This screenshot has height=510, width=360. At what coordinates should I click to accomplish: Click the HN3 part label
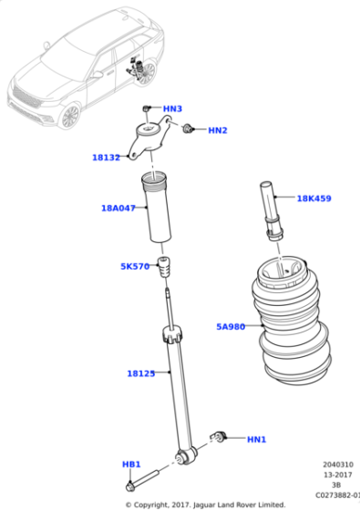tap(172, 109)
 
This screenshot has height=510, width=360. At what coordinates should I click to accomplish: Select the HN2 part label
tap(217, 130)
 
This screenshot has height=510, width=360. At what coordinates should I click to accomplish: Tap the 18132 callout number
tap(106, 158)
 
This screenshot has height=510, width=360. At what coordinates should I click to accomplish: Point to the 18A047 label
tap(118, 208)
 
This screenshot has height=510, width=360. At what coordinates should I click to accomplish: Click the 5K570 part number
tap(134, 267)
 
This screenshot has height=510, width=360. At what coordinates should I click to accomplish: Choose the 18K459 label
tap(314, 198)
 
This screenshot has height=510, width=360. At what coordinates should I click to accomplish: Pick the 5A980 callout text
tap(231, 326)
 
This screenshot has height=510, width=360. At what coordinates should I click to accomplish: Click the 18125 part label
tap(140, 372)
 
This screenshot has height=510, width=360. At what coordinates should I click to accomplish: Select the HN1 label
tap(256, 439)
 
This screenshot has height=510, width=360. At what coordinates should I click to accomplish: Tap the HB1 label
tap(131, 464)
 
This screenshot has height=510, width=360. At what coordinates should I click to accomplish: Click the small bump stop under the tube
tap(166, 271)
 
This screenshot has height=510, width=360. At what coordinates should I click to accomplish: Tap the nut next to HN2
tap(190, 129)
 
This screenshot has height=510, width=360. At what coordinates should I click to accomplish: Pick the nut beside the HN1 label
tap(220, 436)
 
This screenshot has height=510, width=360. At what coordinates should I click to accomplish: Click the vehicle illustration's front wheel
tap(70, 115)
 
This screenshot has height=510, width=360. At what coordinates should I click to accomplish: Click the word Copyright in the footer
tap(154, 504)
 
